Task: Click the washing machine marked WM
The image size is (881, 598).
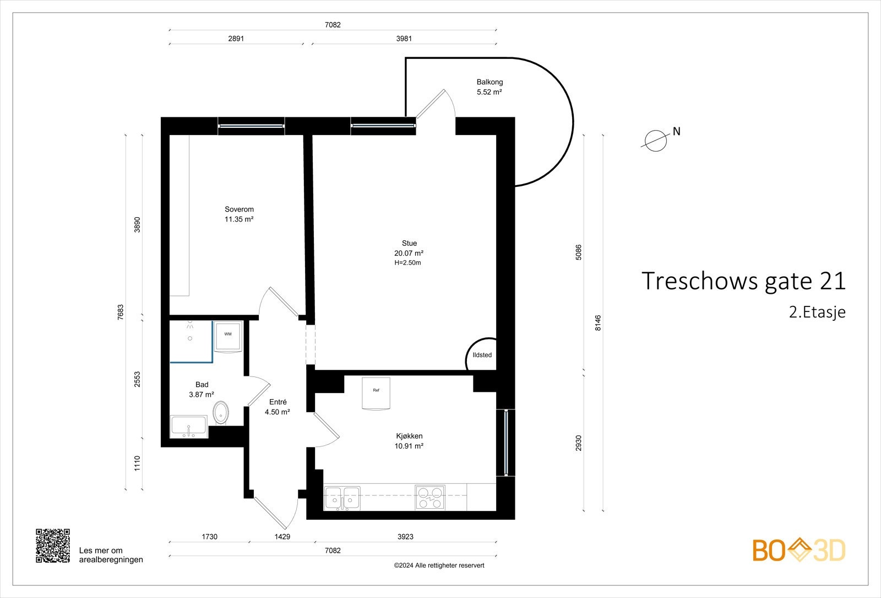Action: [x=228, y=337]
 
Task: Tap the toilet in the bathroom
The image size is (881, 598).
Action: [x=221, y=413]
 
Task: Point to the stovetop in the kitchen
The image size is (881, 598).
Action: [x=430, y=497]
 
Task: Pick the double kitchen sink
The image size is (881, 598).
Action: [x=342, y=498]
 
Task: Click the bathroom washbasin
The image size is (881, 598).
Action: [x=189, y=427]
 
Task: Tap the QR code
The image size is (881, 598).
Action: [x=53, y=546]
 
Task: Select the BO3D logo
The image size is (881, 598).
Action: [x=799, y=550]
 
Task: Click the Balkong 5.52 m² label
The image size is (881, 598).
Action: [x=490, y=87]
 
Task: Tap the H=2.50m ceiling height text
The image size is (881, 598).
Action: [x=408, y=262]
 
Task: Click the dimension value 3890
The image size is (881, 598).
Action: [x=137, y=225]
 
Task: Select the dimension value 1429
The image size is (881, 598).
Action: [x=282, y=537]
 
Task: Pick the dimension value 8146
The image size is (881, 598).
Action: [x=598, y=323]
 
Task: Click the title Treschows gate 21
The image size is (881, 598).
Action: [x=743, y=281]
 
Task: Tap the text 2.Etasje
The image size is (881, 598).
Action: [x=817, y=312]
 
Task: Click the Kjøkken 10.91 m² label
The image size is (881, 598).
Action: [x=409, y=441]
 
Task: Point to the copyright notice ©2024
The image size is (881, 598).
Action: [x=439, y=565]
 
